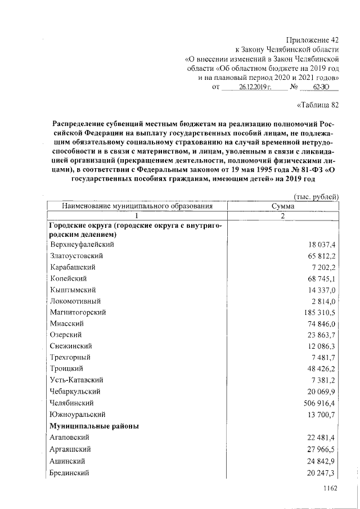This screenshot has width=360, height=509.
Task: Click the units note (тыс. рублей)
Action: (317, 196)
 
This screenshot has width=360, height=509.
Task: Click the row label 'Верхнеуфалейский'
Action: (82, 245)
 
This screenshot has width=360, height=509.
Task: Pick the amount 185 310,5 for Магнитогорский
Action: (319, 312)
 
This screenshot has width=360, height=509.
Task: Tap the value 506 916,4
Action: (319, 403)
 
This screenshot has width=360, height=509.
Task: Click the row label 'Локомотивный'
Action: (76, 301)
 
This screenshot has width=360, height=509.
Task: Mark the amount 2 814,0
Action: (323, 301)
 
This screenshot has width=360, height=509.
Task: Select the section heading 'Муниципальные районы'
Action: (94, 426)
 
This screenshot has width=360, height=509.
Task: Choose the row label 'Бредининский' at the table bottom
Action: (70, 473)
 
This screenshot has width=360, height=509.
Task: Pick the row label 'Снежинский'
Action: (71, 346)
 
